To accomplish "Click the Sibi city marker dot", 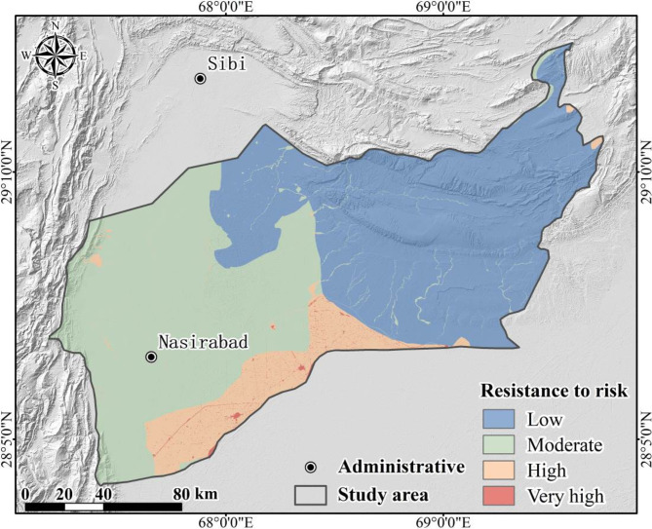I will click(200, 79).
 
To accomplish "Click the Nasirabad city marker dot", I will click(151, 357).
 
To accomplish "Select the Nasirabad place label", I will click(203, 342).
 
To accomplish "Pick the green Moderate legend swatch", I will click(499, 445).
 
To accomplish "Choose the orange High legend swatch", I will click(499, 471).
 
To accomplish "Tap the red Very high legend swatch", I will click(499, 496).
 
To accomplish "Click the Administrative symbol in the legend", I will click(310, 466).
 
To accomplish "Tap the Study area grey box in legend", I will click(310, 495).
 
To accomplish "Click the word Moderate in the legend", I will click(564, 445).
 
